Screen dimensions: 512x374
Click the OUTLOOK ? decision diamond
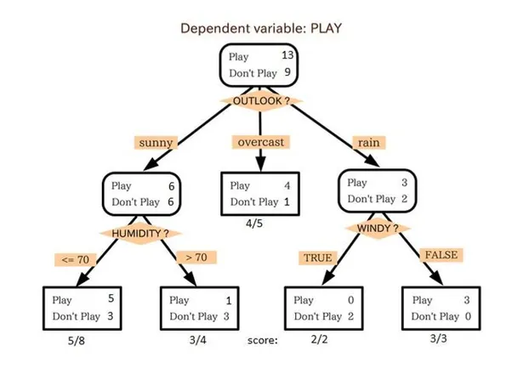point(261,101)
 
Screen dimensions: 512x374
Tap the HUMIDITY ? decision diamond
point(140,233)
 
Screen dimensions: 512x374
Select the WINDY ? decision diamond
point(378,228)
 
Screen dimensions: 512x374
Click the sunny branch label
point(156,143)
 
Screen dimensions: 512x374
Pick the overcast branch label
point(260,142)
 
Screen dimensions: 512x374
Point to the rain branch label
point(369,143)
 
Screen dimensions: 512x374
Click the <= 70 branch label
point(76,259)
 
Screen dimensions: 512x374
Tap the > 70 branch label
point(196,258)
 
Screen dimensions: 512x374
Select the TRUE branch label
point(318,258)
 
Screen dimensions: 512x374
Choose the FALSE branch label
point(441,255)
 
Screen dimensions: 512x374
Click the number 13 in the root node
point(287,55)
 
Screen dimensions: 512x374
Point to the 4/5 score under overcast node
point(254,224)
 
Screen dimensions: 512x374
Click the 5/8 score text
point(76,341)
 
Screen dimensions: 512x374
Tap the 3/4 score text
point(197,340)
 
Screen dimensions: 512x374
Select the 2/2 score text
point(319,339)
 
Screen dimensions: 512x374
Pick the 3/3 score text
point(438,338)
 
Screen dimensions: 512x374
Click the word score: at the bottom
point(263,340)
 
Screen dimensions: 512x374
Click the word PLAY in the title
point(326,28)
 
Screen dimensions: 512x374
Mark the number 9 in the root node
point(287,72)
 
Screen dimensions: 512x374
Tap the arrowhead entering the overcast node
point(260,164)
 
